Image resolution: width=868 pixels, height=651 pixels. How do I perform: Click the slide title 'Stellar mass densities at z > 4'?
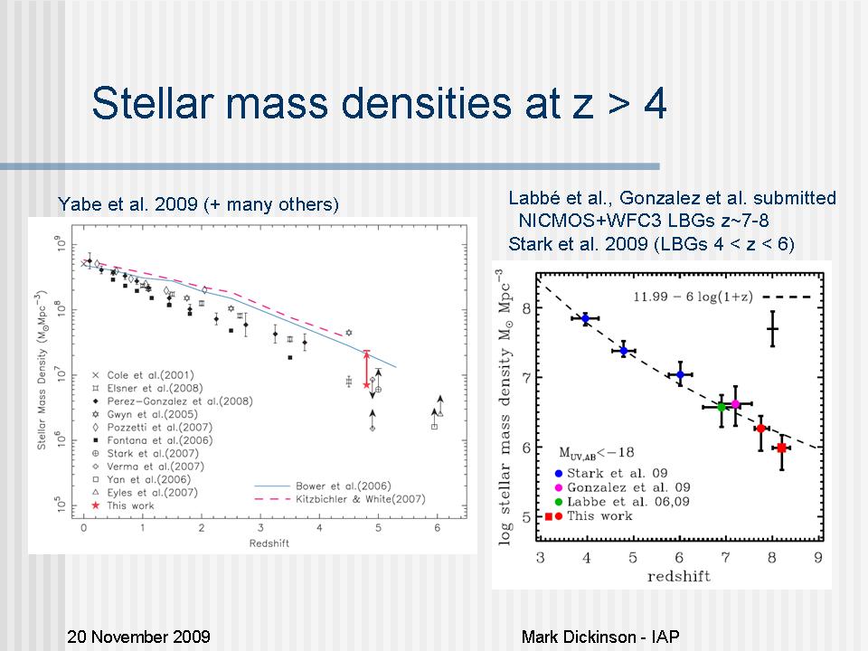pyautogui.click(x=379, y=104)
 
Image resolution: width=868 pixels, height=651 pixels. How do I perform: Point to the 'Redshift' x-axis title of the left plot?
pyautogui.click(x=262, y=542)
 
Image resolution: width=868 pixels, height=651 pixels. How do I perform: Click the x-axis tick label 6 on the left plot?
pyautogui.click(x=438, y=526)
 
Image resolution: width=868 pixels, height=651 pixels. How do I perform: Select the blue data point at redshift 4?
pyautogui.click(x=585, y=318)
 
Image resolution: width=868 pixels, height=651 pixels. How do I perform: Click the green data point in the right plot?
pyautogui.click(x=721, y=407)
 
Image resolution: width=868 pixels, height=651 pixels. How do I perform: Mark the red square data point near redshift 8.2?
pyautogui.click(x=781, y=448)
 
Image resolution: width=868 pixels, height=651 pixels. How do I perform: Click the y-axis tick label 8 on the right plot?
pyautogui.click(x=526, y=309)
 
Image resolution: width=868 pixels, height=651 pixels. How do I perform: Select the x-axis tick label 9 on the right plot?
pyautogui.click(x=817, y=558)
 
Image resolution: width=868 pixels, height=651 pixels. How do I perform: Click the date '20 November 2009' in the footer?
pyautogui.click(x=138, y=637)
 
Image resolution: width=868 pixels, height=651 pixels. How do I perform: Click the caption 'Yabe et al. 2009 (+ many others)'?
pyautogui.click(x=198, y=204)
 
